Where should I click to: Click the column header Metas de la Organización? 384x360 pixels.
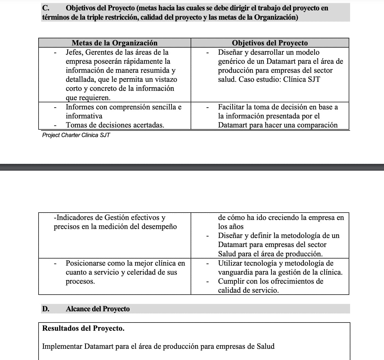[114, 43]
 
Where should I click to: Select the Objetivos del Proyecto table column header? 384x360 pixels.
[269, 43]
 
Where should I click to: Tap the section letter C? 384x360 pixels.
[45, 8]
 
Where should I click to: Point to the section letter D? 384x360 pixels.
[45, 309]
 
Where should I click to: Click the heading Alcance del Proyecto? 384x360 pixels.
[98, 309]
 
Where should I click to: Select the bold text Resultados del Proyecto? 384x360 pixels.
[83, 328]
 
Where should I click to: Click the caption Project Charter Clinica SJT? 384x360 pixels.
[76, 135]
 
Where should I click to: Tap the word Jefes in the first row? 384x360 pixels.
[74, 52]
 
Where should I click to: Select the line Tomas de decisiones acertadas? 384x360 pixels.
[115, 125]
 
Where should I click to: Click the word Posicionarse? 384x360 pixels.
[85, 263]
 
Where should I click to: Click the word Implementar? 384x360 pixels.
[62, 346]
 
